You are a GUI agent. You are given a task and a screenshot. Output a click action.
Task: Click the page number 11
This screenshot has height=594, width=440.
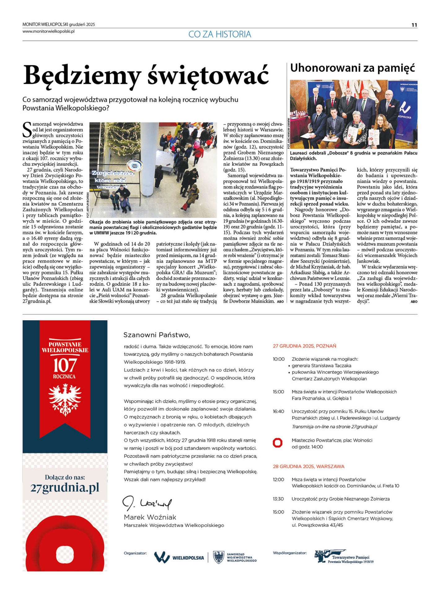click(414, 25)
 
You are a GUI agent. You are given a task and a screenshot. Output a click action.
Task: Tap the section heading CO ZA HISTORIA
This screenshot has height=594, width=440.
click(220, 34)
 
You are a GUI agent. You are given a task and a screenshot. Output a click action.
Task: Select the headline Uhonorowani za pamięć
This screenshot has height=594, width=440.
click(352, 68)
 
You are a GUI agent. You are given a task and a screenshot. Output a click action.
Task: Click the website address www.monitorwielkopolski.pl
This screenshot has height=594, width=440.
click(49, 31)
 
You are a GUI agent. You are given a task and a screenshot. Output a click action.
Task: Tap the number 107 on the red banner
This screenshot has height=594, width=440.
click(65, 365)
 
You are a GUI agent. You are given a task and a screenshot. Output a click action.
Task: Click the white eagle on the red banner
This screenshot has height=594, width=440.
click(65, 399)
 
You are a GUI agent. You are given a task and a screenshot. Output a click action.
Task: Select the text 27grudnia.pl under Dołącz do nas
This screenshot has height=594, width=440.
click(65, 488)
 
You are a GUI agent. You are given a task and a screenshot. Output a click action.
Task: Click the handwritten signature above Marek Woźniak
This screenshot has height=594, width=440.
click(147, 504)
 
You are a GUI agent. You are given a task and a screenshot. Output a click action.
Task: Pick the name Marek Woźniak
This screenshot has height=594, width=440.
click(150, 517)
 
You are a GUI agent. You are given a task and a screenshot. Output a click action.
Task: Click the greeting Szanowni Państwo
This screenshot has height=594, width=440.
click(156, 335)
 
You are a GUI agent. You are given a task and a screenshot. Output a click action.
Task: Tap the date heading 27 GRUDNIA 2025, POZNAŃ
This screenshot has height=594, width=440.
click(304, 346)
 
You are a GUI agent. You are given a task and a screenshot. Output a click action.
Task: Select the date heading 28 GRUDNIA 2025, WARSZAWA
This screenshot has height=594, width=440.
click(308, 466)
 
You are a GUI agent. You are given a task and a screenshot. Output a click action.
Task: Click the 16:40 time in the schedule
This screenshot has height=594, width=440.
click(278, 411)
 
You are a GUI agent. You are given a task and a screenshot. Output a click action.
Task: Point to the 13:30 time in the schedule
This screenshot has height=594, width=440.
click(278, 499)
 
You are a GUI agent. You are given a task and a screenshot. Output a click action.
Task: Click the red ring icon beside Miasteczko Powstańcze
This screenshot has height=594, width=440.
click(278, 443)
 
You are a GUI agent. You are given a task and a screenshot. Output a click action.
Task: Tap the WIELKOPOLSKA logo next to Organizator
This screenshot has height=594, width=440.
click(179, 558)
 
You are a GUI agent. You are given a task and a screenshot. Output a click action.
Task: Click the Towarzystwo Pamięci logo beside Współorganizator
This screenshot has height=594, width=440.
click(344, 557)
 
